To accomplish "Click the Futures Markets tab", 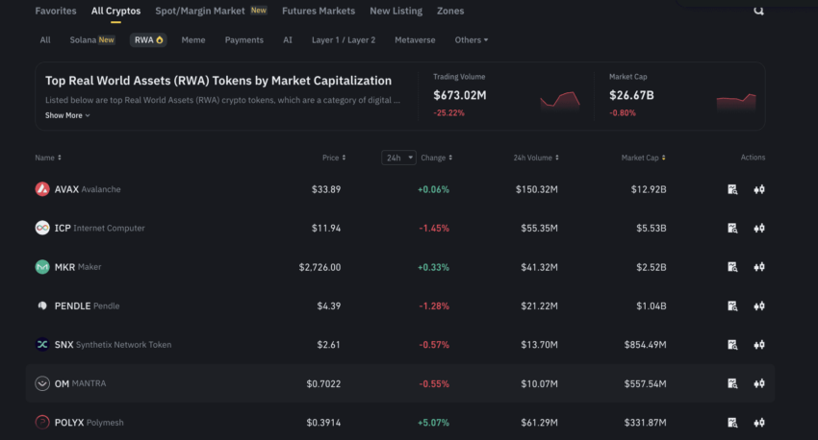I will tap(318, 12).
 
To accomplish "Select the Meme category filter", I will tap(193, 40).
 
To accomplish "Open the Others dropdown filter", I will tap(472, 40).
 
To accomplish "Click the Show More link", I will tap(67, 115).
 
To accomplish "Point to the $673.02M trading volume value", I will tap(459, 95).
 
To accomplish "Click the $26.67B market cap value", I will tap(631, 95).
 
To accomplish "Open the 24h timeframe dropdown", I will tap(398, 158).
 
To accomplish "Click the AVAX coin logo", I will tap(42, 189).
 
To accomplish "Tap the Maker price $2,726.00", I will tap(320, 267).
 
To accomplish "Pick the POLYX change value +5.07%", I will tap(433, 423).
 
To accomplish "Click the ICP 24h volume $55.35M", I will tap(536, 229).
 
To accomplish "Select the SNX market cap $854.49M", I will tap(643, 345).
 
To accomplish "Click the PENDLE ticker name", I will tap(73, 306).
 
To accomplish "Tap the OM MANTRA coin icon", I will tap(42, 383).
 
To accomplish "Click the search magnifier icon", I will tap(758, 11).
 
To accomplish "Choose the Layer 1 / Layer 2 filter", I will tap(344, 40).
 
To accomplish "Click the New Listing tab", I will tap(396, 12).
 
